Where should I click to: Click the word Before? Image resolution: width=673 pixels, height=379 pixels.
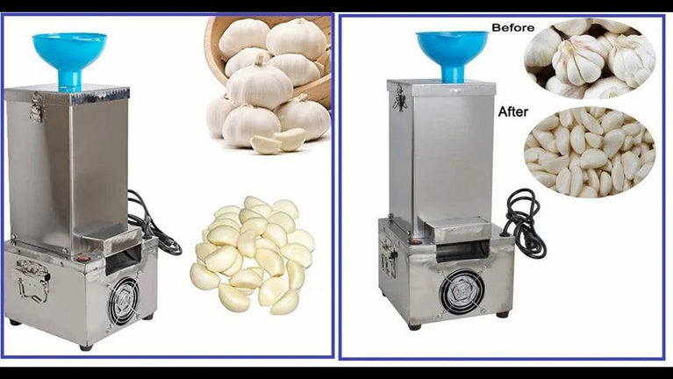[x=513, y=28]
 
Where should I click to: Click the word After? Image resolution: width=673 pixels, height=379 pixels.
[x=513, y=112]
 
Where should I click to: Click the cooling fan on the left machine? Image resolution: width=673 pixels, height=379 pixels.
[x=123, y=301]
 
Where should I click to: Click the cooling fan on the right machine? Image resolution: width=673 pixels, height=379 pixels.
[x=462, y=291]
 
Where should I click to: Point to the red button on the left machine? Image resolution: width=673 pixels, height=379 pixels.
[x=84, y=259]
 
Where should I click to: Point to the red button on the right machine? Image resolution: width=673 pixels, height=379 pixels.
[x=415, y=241]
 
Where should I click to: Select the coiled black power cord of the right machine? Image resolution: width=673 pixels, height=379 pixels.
[x=525, y=223]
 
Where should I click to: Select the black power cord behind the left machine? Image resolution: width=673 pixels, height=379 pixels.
[x=150, y=224]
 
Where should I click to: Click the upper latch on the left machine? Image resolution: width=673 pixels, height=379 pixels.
[x=38, y=107]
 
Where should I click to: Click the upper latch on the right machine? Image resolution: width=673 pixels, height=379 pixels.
[x=400, y=98]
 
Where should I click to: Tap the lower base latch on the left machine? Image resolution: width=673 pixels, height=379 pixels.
[x=32, y=280]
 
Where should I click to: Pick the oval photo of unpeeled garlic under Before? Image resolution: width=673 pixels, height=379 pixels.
[x=590, y=60]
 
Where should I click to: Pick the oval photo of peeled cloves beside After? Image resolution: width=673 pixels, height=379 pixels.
[x=590, y=153]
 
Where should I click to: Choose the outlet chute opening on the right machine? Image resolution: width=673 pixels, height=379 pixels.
[x=462, y=252]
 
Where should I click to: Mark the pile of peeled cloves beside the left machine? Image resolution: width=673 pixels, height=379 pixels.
[x=253, y=255]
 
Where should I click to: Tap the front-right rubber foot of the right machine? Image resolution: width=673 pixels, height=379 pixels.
[x=502, y=315]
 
